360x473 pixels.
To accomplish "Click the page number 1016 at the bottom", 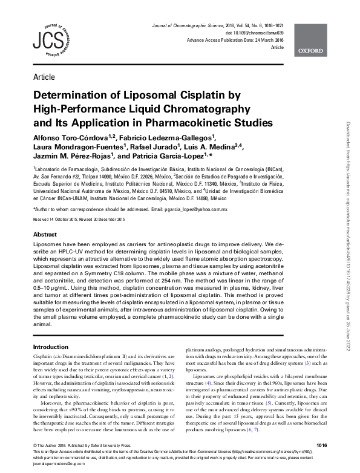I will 321,445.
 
